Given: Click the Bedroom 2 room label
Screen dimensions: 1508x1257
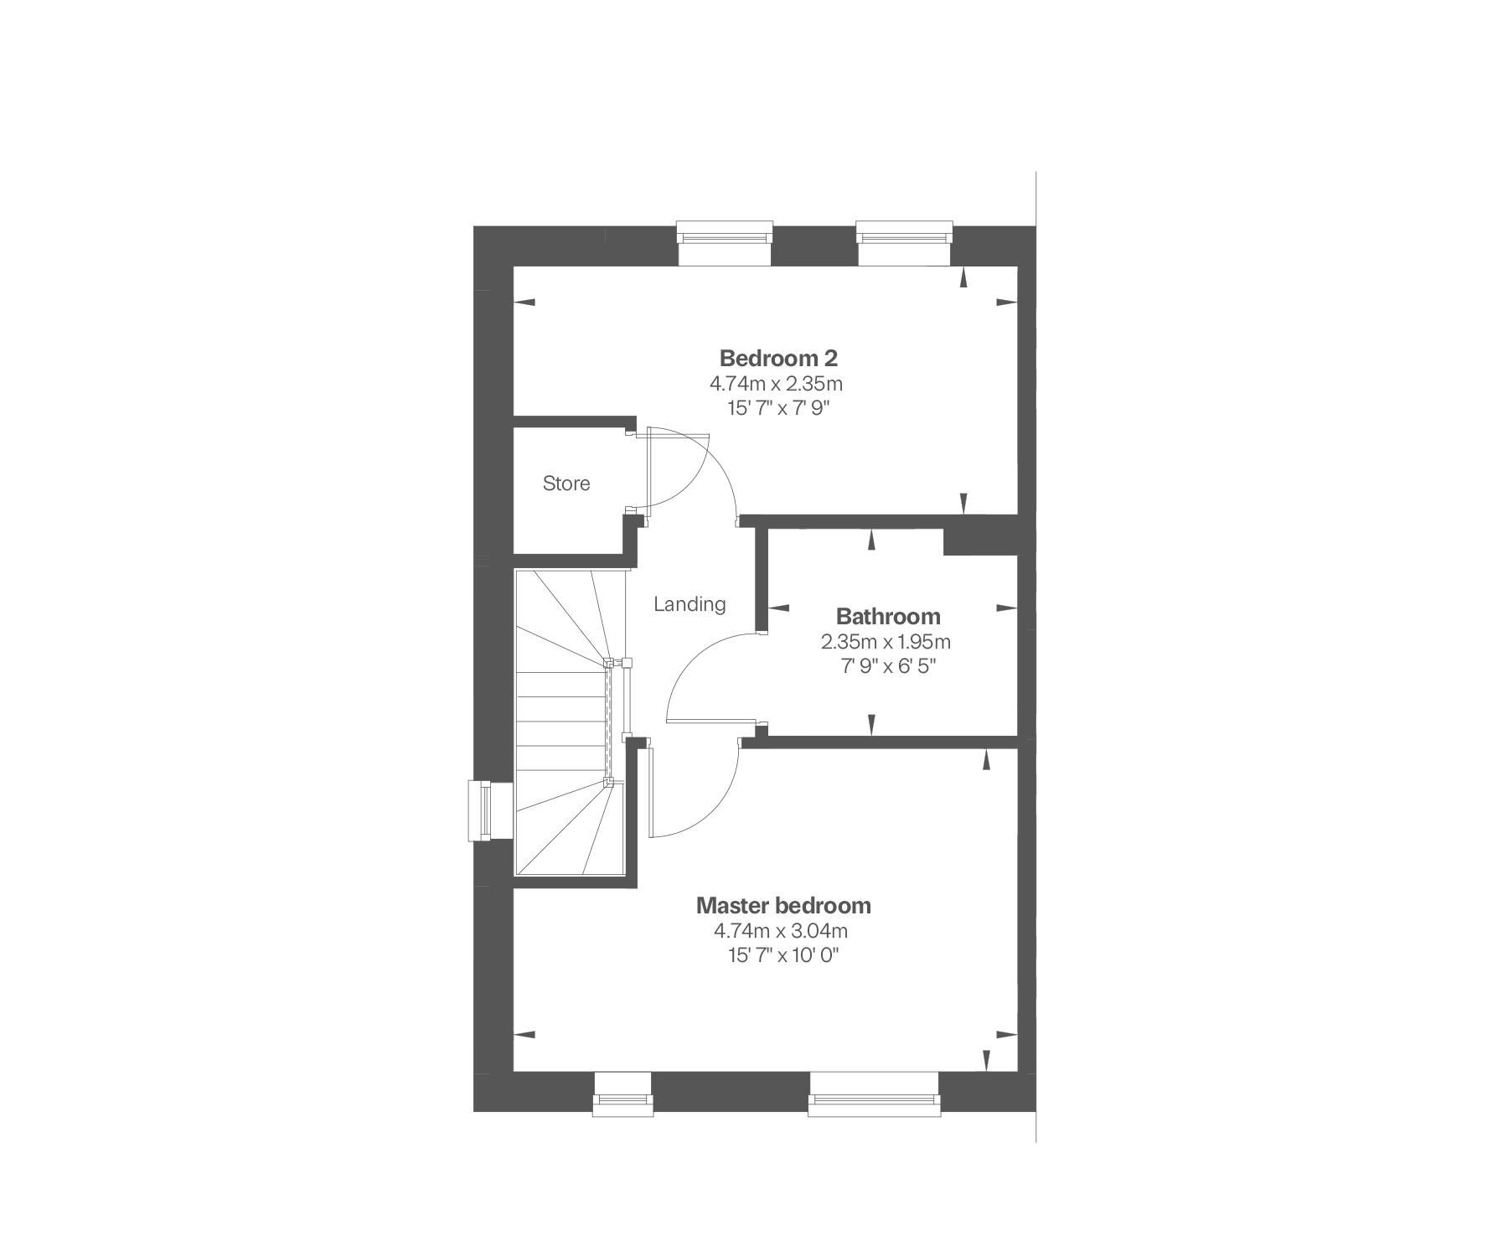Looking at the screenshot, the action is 778,359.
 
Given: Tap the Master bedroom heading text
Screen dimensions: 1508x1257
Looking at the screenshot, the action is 783,906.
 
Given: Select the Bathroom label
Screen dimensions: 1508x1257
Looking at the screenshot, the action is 888,617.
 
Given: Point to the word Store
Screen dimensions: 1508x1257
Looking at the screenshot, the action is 566,484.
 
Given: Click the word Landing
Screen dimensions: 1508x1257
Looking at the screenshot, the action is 689,604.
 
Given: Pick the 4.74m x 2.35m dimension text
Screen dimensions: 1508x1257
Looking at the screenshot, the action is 776,385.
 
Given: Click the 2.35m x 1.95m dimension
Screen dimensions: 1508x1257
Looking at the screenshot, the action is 886,643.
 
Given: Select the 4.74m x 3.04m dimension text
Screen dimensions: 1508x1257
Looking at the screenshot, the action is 781,931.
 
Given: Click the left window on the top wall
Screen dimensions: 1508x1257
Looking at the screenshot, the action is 724,243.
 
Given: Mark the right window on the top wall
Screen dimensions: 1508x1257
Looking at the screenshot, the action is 905,243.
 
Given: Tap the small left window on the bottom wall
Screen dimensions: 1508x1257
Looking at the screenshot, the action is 622,1094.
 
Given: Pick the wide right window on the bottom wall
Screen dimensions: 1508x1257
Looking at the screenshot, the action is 874,1094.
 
